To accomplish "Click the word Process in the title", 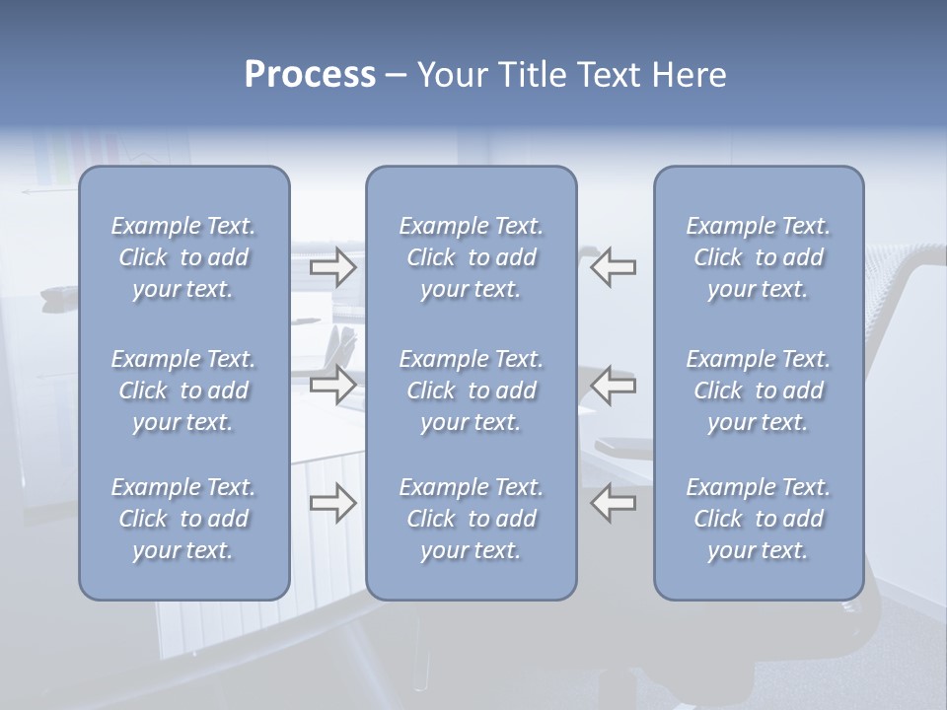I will [x=310, y=75].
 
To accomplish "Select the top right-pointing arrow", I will [x=333, y=267].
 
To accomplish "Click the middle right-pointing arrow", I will [x=333, y=384].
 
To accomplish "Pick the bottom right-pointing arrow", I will [x=333, y=504].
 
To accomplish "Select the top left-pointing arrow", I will [x=613, y=267].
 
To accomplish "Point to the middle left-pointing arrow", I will [x=613, y=384].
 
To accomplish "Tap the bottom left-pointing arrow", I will [x=613, y=504].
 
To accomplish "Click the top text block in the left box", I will [x=183, y=257].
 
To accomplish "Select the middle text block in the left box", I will [x=183, y=390].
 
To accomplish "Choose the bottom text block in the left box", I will [x=183, y=519].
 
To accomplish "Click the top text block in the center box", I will [x=471, y=257].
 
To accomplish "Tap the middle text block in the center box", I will [x=471, y=390].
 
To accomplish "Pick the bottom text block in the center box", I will [x=471, y=519].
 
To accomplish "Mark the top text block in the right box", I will [x=759, y=257].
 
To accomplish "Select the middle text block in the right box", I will [x=759, y=390].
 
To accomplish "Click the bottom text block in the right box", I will [x=759, y=519].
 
